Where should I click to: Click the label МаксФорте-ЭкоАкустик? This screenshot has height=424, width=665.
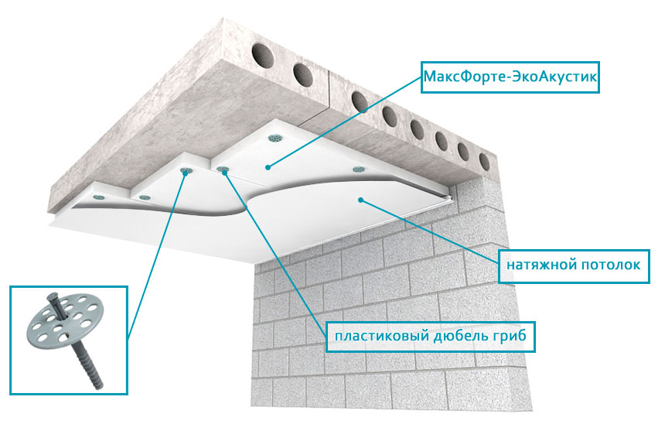[x=510, y=77]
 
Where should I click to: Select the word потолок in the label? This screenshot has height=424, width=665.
[x=611, y=265]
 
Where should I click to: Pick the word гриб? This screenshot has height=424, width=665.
[x=510, y=336]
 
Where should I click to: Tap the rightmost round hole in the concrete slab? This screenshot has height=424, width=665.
[x=484, y=162]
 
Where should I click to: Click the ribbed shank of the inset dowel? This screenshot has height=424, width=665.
[x=87, y=367]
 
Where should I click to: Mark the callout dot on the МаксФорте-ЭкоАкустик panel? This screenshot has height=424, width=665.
[x=268, y=168]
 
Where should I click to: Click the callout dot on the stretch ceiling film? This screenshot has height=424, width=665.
[x=360, y=200]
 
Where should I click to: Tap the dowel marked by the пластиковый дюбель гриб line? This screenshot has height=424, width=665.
[x=223, y=169]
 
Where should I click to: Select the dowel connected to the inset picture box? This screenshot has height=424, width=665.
[x=186, y=171]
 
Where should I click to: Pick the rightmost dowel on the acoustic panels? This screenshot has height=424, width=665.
[x=359, y=169]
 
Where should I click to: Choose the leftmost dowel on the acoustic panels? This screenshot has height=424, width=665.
[x=99, y=197]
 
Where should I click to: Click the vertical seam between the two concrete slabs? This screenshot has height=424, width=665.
[x=330, y=89]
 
